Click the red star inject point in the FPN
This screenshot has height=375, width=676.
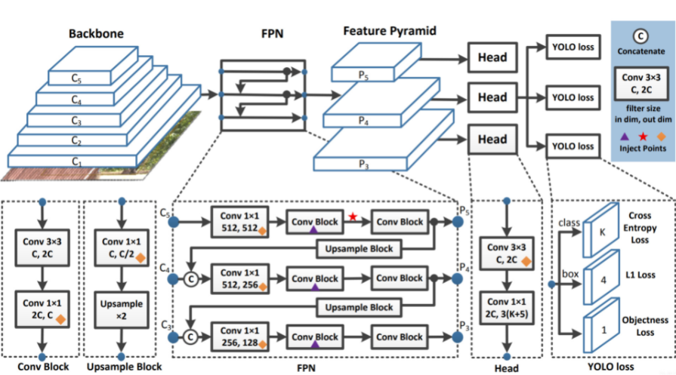click(x=353, y=218)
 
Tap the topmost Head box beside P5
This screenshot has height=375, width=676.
click(x=492, y=57)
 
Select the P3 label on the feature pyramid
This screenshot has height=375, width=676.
click(x=364, y=163)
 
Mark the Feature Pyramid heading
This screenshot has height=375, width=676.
click(x=390, y=32)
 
